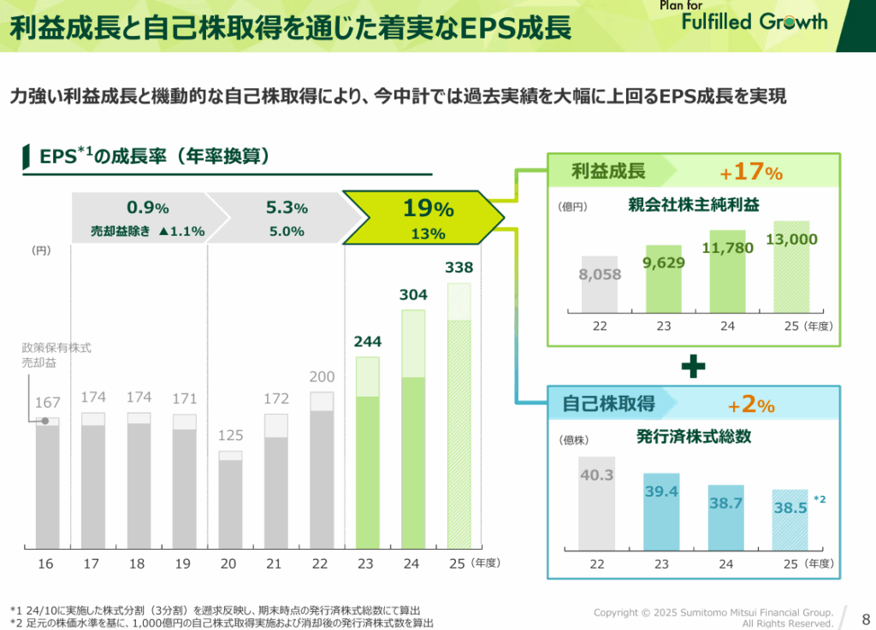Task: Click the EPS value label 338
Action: pyautogui.click(x=459, y=268)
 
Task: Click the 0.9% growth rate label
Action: pyautogui.click(x=148, y=208)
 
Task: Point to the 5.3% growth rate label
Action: pyautogui.click(x=287, y=208)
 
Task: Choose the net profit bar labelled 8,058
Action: pyautogui.click(x=600, y=285)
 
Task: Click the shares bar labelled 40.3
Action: pyautogui.click(x=596, y=504)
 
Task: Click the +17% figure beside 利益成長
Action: pyautogui.click(x=751, y=172)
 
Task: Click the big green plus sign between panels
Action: pyautogui.click(x=693, y=367)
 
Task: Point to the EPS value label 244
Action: pyautogui.click(x=367, y=342)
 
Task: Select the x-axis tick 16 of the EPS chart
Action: pyautogui.click(x=45, y=563)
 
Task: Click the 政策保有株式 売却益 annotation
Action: pyautogui.click(x=56, y=356)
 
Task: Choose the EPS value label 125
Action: pyautogui.click(x=231, y=436)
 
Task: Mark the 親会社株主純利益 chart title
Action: pyautogui.click(x=694, y=205)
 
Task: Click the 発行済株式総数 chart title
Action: pyautogui.click(x=694, y=436)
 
